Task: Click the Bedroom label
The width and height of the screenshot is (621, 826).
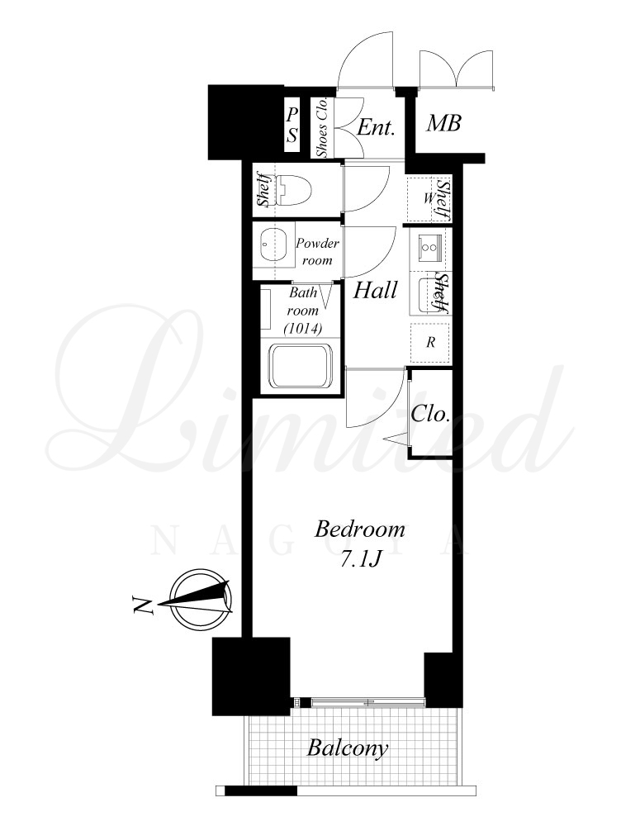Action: coord(360,529)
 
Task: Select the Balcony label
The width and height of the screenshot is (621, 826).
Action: coord(348,748)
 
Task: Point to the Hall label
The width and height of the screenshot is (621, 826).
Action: coord(375,290)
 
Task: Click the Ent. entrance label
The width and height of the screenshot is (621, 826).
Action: coord(376,127)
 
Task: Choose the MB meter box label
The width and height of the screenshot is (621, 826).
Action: coord(443,123)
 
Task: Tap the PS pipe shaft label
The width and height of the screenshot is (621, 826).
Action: coord(292,126)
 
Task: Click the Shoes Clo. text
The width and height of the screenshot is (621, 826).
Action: coord(322,127)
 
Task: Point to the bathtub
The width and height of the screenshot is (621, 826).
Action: coord(301,365)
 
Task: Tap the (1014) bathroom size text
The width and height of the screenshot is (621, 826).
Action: coord(303,329)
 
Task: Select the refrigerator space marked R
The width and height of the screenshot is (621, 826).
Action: coord(431,343)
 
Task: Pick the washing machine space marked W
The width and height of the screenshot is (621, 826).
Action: coord(427,198)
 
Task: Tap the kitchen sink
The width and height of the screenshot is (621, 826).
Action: coord(429,295)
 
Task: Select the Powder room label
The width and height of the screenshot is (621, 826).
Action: coord(317,251)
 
